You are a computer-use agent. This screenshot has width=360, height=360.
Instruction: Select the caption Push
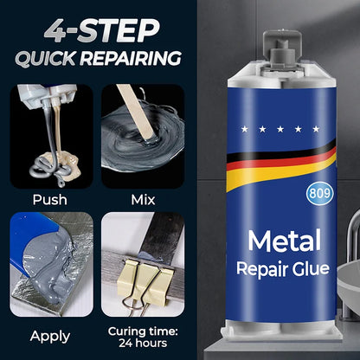pos(49,198)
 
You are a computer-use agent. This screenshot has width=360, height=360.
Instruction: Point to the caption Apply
pos(49,336)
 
